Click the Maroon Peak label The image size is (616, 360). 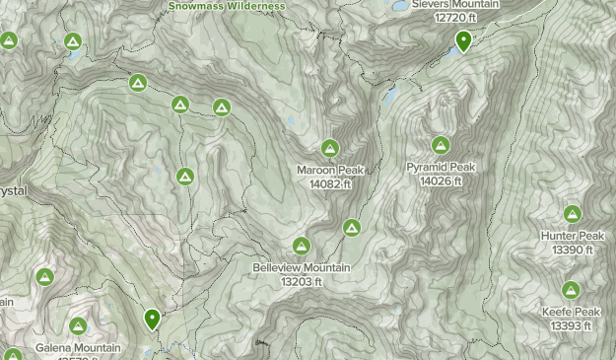point(330,170)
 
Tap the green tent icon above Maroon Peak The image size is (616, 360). point(330,149)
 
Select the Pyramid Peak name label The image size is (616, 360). point(441,168)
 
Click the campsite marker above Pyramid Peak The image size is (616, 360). point(441,146)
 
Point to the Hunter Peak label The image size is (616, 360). point(572,237)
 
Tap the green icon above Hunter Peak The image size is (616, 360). point(572,214)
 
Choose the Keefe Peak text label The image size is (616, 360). point(571,313)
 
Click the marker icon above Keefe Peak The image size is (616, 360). point(571,290)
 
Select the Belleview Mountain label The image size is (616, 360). point(302,268)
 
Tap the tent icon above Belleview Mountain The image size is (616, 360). point(302,246)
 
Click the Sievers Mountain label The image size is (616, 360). point(455,5)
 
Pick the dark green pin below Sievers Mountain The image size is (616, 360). point(463,41)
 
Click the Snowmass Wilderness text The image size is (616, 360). point(227,6)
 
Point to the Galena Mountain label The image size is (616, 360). point(78,348)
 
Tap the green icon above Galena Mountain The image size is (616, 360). point(78,325)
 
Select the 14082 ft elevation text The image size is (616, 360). point(330,182)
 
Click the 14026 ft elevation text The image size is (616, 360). point(441,180)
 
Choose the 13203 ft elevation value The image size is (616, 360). point(302,281)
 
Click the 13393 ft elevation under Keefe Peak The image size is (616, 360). point(571,325)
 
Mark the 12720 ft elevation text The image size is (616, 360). point(455,18)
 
